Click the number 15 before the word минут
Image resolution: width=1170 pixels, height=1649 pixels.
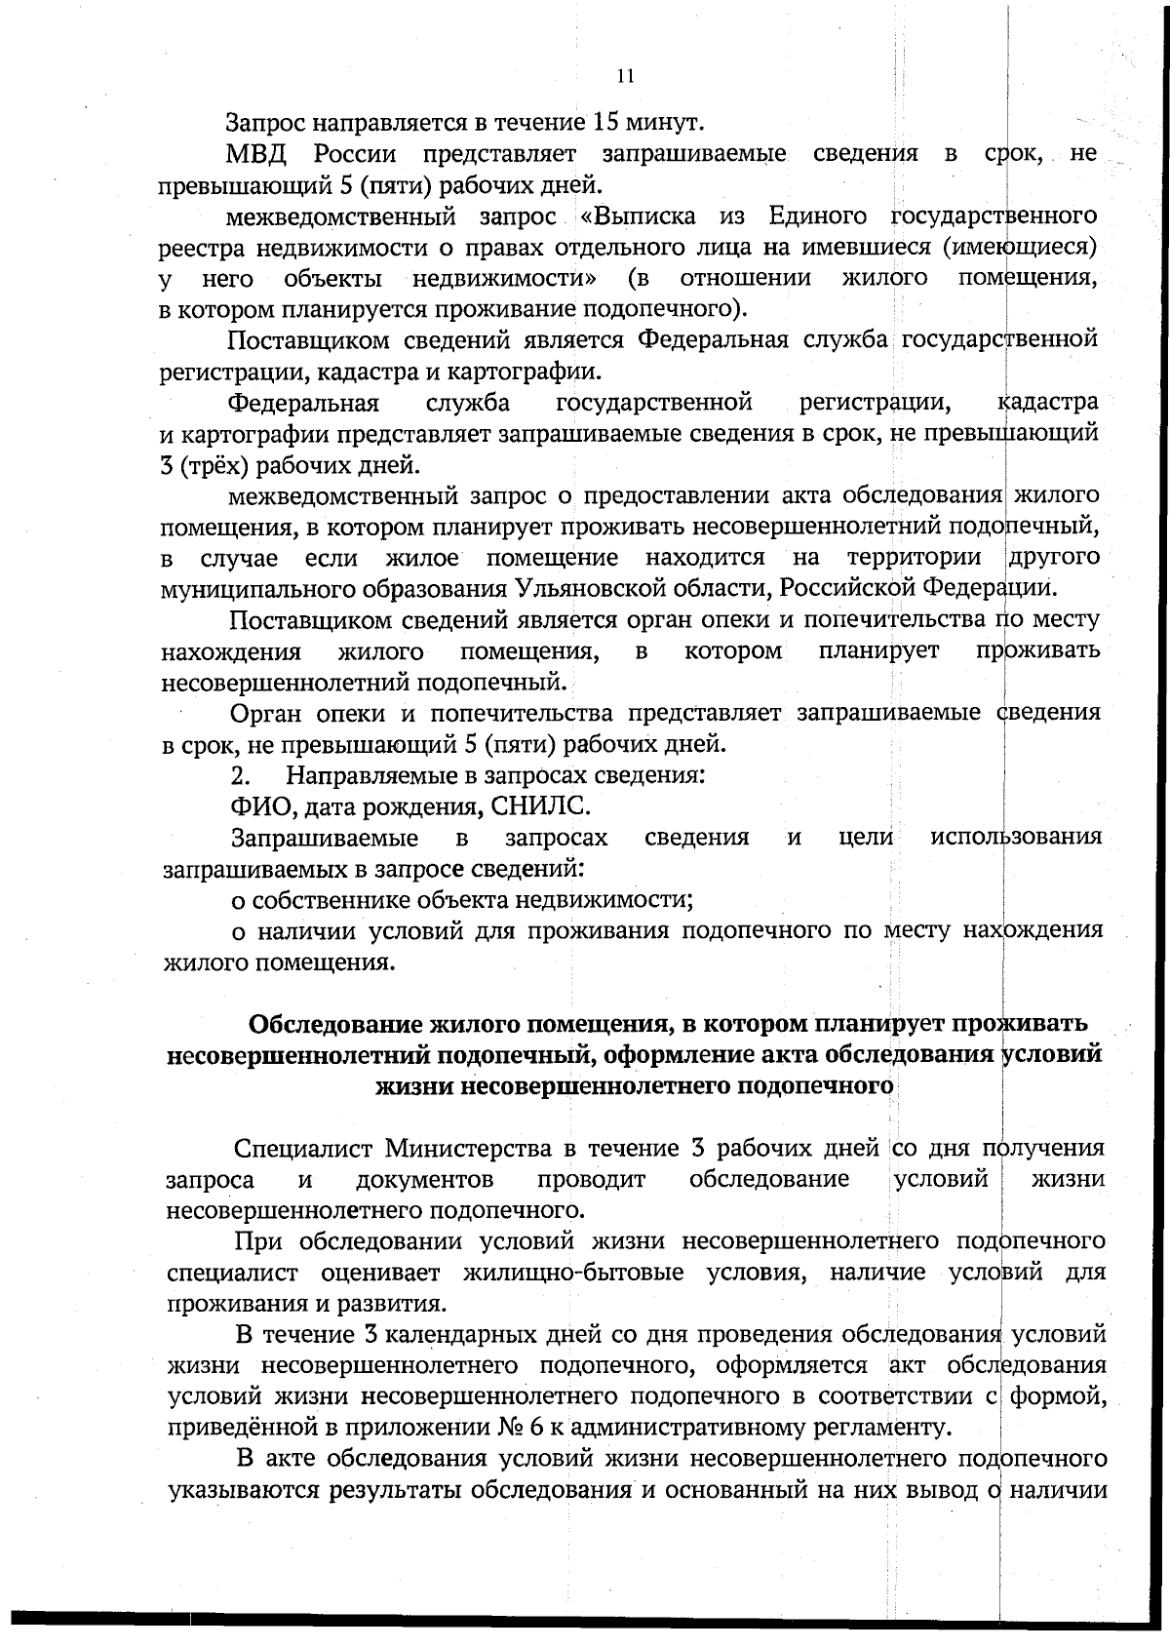point(604,123)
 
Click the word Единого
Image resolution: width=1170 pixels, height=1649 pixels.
point(819,216)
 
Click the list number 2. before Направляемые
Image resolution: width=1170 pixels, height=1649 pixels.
point(241,776)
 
